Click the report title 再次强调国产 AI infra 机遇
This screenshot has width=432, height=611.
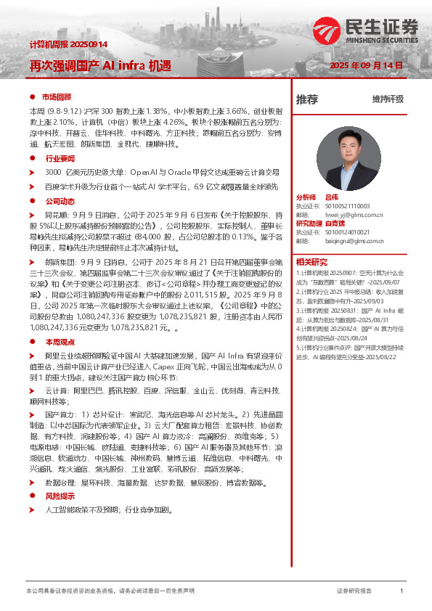[x=100, y=65]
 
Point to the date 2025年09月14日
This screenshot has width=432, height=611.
[x=366, y=65]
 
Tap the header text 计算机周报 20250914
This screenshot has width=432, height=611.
[x=68, y=44]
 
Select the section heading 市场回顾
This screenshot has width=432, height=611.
[x=57, y=97]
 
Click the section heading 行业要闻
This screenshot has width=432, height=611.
[x=60, y=157]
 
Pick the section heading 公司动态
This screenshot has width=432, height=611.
[x=60, y=200]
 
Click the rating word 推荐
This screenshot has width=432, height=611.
[x=307, y=100]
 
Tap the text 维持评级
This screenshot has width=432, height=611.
[x=387, y=100]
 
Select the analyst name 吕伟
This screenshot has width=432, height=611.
[x=332, y=197]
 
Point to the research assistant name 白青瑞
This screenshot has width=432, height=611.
[x=336, y=224]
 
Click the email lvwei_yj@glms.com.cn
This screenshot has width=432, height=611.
[x=354, y=215]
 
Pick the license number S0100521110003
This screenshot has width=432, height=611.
[x=352, y=206]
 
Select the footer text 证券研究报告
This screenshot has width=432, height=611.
[x=354, y=591]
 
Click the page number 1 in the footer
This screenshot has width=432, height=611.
[x=402, y=591]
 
